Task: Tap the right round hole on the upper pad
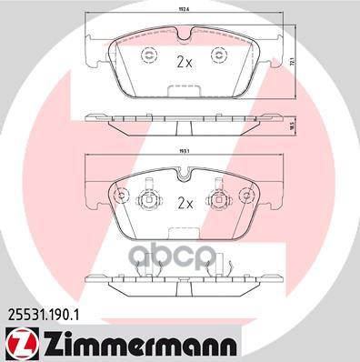click(x=218, y=56)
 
